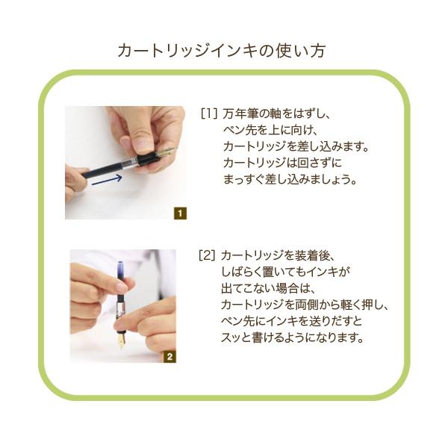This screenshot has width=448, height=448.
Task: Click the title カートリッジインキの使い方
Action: point(222,51)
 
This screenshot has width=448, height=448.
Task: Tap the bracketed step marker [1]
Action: point(209,113)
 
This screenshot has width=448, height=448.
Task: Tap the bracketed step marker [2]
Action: point(207,255)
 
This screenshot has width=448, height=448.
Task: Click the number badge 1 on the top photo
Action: point(180,213)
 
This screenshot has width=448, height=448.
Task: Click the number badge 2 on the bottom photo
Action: point(169,357)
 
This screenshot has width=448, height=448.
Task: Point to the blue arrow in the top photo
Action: point(107,180)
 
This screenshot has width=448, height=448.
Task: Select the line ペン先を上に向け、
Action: point(270,130)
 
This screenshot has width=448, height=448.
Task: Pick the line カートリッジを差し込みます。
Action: point(296,146)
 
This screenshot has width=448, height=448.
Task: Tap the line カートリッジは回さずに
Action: point(282,163)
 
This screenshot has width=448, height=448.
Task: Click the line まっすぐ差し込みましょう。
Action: point(290,179)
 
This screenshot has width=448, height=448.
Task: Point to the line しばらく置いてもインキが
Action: point(285,272)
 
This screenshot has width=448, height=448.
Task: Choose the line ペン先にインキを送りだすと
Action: point(291,321)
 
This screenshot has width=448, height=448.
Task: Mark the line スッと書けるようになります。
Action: point(293,337)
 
